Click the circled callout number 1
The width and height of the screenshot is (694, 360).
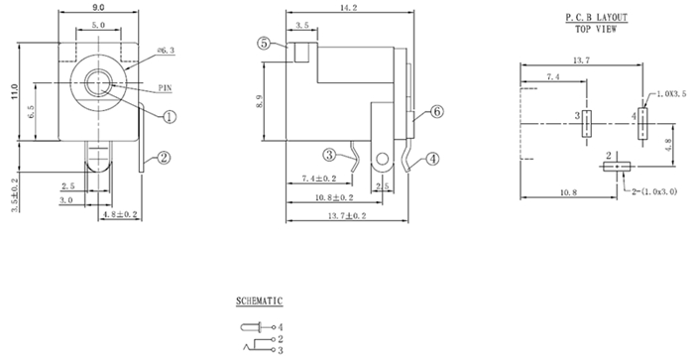click(170, 117)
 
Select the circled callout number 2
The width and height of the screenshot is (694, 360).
click(164, 158)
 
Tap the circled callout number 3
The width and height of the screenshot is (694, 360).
click(329, 155)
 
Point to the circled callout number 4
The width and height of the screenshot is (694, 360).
click(432, 159)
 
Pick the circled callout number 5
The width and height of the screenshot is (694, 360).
click(265, 43)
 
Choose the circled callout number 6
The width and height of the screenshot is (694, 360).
click(437, 112)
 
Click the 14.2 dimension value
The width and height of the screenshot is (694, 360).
click(349, 8)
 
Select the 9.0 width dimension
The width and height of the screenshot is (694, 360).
click(99, 7)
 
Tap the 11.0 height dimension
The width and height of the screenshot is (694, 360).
click(15, 91)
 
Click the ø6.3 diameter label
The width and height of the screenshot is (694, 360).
click(166, 50)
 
